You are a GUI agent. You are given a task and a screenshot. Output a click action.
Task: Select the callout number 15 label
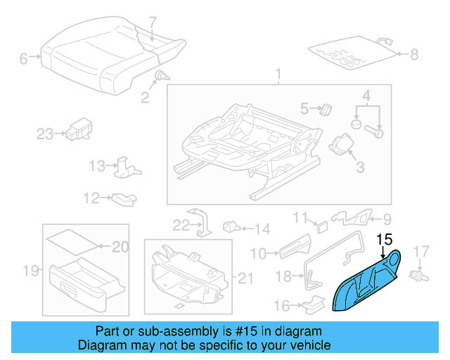pos(385,239)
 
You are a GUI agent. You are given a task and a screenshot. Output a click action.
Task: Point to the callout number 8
pos(413,53)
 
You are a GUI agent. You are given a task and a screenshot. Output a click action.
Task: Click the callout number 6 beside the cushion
pos(23,59)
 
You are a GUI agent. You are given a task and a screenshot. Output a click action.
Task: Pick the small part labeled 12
pos(123,199)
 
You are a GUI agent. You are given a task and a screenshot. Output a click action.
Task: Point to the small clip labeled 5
pos(326,108)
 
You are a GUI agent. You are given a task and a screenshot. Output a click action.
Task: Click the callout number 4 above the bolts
pos(366,95)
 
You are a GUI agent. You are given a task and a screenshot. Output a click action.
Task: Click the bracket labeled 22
pos(202,221)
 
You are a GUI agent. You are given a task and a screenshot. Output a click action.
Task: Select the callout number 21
pos(244,279)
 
